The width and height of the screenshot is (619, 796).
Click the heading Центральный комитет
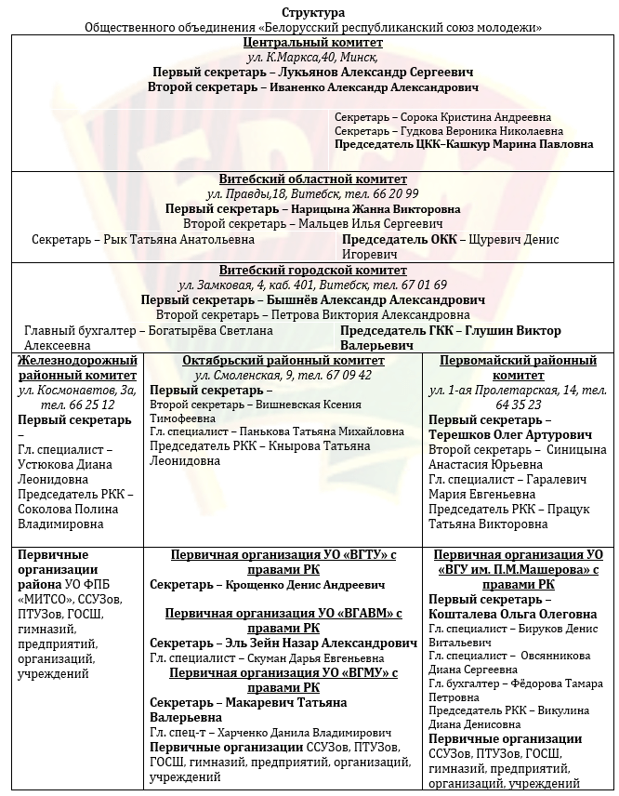(312, 43)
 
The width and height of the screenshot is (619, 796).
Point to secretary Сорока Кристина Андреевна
(475, 117)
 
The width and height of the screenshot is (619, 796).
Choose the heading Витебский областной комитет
(312, 179)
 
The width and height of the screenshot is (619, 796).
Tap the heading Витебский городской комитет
(312, 271)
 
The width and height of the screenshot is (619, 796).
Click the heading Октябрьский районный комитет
(283, 361)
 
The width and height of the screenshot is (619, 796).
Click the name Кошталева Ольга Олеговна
(513, 614)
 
